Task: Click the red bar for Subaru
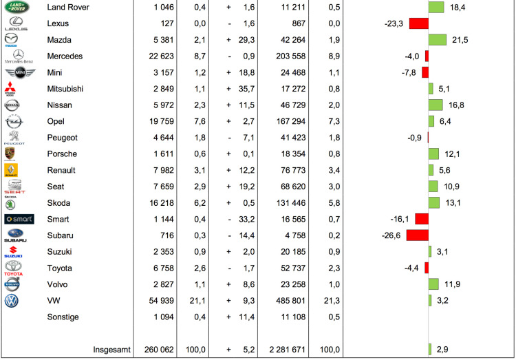(x=417, y=235)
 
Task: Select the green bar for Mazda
(x=437, y=40)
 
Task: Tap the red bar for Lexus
(x=418, y=23)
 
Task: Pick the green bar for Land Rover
(x=436, y=7)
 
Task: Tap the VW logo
(x=12, y=301)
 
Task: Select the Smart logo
(x=19, y=220)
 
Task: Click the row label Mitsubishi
(x=67, y=89)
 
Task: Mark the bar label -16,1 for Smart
(x=399, y=219)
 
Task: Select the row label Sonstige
(x=63, y=317)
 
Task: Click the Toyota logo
(x=13, y=268)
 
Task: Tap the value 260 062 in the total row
(x=155, y=350)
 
